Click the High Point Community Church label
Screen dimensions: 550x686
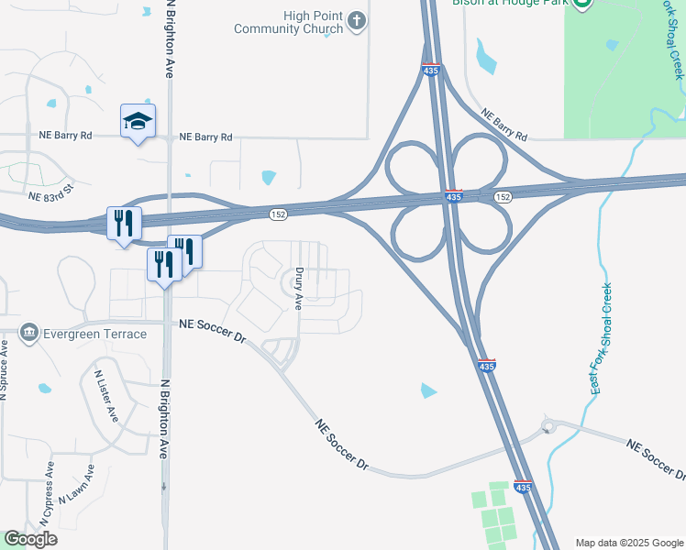[x=287, y=23]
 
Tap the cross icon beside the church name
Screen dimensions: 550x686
[x=357, y=21]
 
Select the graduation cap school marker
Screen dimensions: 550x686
[x=138, y=121]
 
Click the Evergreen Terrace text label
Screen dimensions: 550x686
[x=95, y=334]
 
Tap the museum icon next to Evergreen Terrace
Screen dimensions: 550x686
[x=30, y=331]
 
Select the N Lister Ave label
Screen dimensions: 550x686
[x=106, y=395]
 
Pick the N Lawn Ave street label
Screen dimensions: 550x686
[x=77, y=485]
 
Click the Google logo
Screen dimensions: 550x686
[x=30, y=539]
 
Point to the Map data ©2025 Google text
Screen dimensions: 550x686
[x=629, y=543]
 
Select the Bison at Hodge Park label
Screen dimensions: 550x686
[x=511, y=3]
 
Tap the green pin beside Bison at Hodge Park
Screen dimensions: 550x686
[x=581, y=4]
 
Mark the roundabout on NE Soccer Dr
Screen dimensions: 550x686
[x=548, y=426]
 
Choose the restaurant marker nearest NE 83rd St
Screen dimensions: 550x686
[x=123, y=223]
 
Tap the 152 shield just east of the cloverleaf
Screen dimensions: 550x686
[x=503, y=197]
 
